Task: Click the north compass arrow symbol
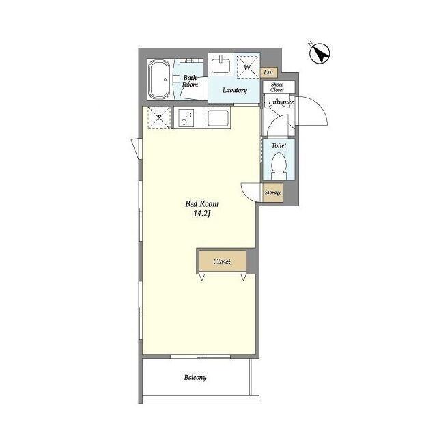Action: [320, 53]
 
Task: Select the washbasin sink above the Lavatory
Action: [221, 65]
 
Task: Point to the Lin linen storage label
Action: [268, 72]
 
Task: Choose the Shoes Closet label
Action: [277, 87]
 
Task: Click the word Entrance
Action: [281, 102]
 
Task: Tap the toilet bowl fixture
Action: [279, 167]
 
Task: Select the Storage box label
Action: [273, 193]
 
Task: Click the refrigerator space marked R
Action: [159, 118]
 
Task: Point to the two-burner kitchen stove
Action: [186, 118]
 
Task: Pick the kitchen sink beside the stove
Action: [218, 118]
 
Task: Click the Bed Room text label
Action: [202, 204]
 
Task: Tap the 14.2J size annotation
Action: [201, 214]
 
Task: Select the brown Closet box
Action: [223, 261]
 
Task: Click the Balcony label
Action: [195, 378]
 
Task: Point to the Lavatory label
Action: [235, 90]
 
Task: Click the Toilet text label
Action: [279, 145]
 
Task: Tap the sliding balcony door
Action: [200, 356]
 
